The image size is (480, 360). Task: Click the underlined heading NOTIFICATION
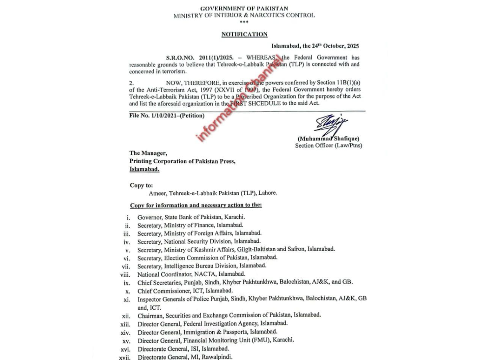click(x=244, y=34)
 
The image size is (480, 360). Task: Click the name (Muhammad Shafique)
click(x=328, y=138)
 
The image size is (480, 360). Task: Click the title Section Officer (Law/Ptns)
click(x=328, y=146)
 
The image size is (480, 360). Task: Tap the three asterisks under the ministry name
click(x=244, y=22)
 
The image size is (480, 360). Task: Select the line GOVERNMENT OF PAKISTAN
click(x=244, y=8)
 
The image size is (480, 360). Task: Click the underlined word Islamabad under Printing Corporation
click(x=144, y=169)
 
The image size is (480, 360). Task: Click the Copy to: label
click(x=141, y=185)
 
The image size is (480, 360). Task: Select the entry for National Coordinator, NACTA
click(x=191, y=274)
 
